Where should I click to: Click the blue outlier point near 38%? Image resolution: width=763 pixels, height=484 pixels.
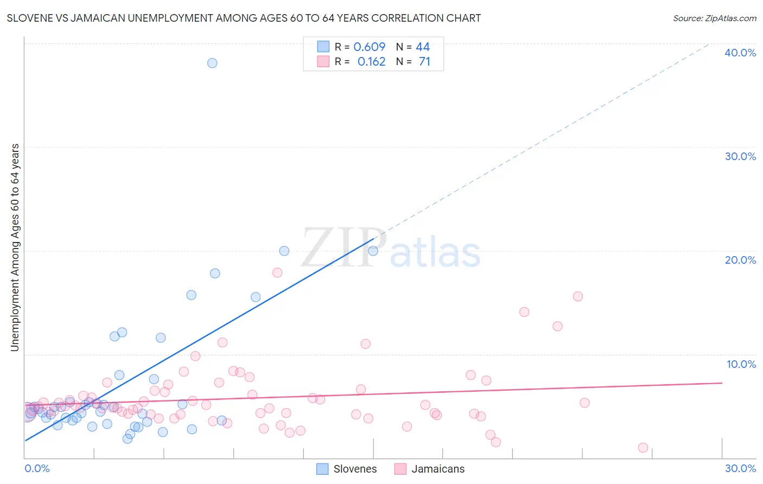pos(212,63)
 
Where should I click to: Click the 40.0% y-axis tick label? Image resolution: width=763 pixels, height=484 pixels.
pos(740,53)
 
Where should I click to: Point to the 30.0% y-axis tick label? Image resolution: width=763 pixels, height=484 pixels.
pos(740,156)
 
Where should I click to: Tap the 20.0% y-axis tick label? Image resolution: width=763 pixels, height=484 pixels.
pos(740,260)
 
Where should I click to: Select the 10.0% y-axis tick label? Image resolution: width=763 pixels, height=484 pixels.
pos(741,364)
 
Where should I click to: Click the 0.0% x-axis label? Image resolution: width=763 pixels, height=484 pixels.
pos(37,468)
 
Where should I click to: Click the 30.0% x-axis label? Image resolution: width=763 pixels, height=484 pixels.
pos(740,468)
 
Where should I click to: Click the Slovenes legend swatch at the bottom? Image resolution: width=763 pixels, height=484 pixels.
pos(322,469)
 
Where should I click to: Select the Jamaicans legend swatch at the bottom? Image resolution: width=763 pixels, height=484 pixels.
pos(400,469)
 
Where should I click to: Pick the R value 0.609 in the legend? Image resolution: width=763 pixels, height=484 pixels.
pos(369,47)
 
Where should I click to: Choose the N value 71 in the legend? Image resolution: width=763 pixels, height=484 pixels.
pos(424,62)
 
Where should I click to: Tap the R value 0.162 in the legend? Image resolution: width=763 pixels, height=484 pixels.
pos(371,62)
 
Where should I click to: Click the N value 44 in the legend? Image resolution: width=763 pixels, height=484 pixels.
pos(423,47)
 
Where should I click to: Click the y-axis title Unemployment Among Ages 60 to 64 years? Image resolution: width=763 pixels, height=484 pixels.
pos(15,247)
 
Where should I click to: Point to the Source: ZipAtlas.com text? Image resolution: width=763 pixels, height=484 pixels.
pos(714,18)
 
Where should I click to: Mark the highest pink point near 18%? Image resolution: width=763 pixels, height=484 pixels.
pos(277,272)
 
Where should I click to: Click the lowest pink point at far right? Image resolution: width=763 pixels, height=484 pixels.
pos(643,448)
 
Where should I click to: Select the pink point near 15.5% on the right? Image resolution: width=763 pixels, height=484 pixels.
pos(578,296)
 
